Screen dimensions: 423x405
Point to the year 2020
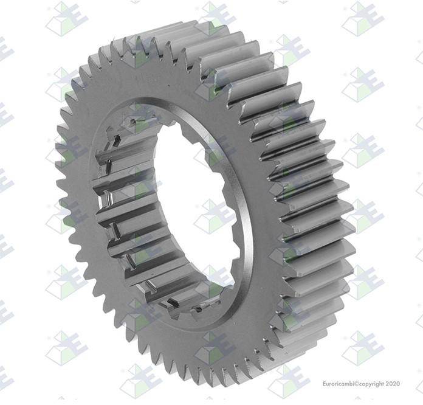[393, 384]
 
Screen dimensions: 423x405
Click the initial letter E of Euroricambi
[325, 384]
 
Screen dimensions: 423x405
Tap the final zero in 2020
[398, 384]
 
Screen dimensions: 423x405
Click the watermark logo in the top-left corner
[67, 19]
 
